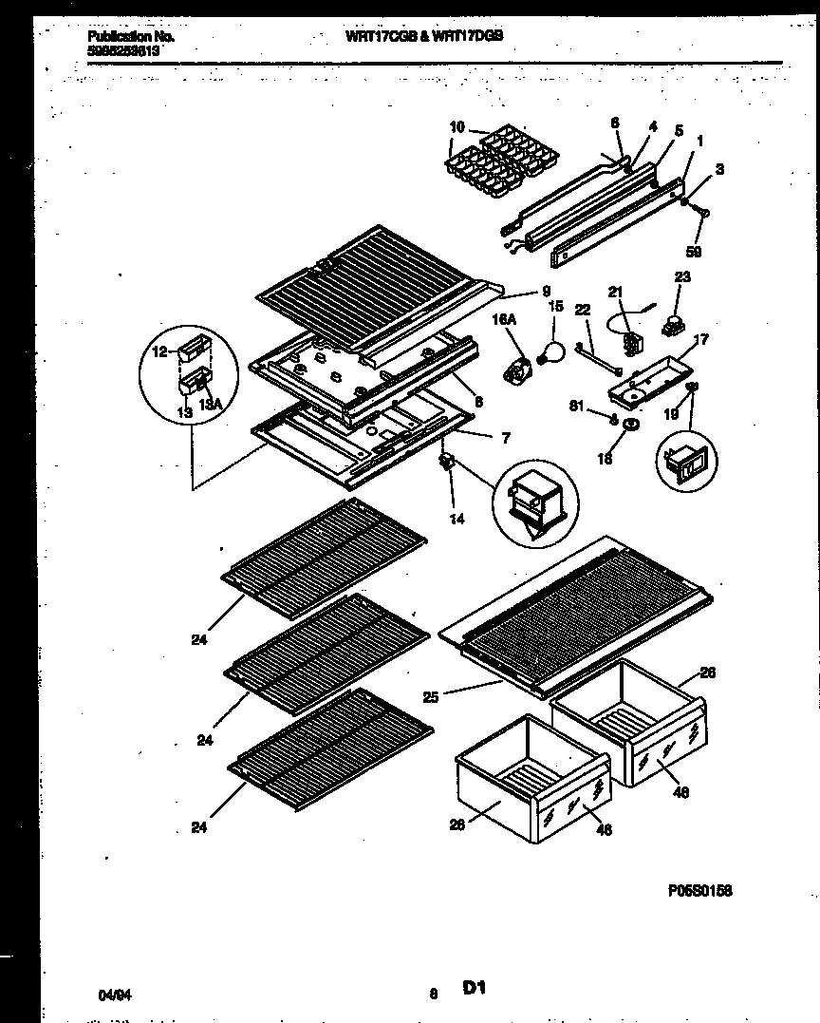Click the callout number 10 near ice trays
pos(457,127)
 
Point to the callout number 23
pos(682,276)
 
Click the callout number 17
pos(701,338)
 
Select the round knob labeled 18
pos(628,435)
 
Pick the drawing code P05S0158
pos(700,891)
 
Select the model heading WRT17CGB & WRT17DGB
pos(422,33)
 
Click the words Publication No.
pos(115,36)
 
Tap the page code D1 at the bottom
pos(474,989)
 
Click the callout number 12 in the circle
pos(159,351)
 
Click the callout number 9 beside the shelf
pos(547,292)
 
